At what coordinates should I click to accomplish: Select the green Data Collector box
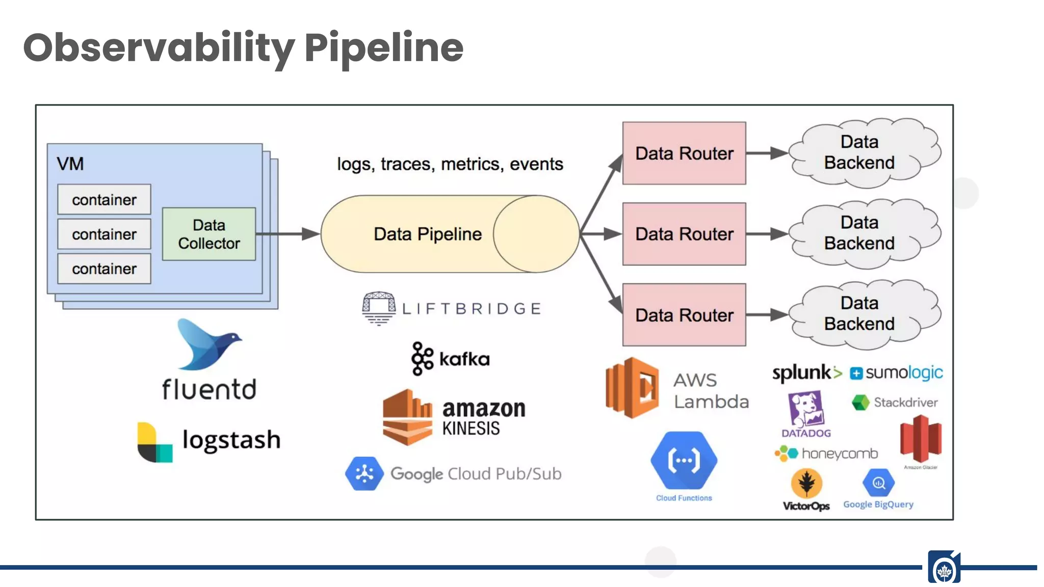[208, 234]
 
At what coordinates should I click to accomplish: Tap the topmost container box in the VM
[104, 199]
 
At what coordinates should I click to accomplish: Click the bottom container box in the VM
[104, 269]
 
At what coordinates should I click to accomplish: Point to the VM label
[70, 164]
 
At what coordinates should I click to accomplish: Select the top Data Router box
[684, 153]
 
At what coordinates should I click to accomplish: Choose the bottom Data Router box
[684, 315]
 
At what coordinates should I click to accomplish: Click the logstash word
[231, 439]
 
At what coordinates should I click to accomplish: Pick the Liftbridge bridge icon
[378, 308]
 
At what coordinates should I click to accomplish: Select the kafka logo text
[464, 359]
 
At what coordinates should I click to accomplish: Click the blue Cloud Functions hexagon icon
[684, 460]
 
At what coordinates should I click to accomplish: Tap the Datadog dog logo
[805, 409]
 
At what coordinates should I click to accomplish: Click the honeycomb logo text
[839, 453]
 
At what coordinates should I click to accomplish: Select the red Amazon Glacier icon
[920, 438]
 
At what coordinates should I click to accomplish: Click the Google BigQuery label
[878, 504]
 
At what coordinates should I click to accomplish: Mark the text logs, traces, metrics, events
[450, 164]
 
